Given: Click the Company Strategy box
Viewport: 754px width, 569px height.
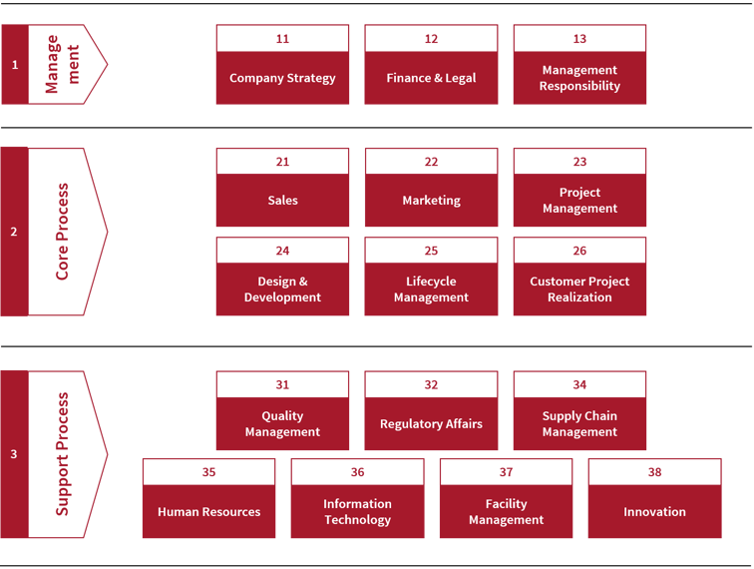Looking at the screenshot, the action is [x=282, y=65].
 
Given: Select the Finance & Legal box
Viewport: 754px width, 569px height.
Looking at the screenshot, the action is [x=431, y=65].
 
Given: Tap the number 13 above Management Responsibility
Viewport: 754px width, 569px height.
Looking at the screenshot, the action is [x=579, y=39].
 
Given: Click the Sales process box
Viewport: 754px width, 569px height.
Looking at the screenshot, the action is [x=282, y=188].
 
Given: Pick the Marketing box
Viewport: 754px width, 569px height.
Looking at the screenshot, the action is [x=431, y=188].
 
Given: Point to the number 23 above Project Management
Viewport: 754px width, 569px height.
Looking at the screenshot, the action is [x=579, y=162].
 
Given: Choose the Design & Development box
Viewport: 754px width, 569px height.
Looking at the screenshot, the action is [x=282, y=277].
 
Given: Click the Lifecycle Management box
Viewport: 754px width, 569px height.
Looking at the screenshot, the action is [x=431, y=277].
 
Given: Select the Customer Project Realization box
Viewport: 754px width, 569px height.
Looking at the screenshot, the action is [x=579, y=277].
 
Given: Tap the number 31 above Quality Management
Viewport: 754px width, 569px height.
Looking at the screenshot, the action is [x=282, y=384].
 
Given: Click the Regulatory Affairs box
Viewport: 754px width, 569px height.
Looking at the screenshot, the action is [x=431, y=410].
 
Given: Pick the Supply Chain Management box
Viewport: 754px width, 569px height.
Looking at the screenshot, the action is [x=579, y=410].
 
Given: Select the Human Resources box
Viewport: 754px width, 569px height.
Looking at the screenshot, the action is [x=208, y=498].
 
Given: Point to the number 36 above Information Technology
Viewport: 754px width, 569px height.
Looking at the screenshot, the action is [x=357, y=472].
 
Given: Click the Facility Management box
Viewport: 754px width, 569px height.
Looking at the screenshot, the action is [x=506, y=498].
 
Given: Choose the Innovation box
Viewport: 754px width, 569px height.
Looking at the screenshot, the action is [x=654, y=498].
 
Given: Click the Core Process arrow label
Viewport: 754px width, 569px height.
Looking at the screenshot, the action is [x=62, y=232].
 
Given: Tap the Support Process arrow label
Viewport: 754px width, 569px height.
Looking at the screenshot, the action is [x=62, y=454].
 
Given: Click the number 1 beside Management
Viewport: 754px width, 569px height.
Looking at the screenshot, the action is [x=14, y=65].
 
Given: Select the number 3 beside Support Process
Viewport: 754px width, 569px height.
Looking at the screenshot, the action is [x=14, y=454].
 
